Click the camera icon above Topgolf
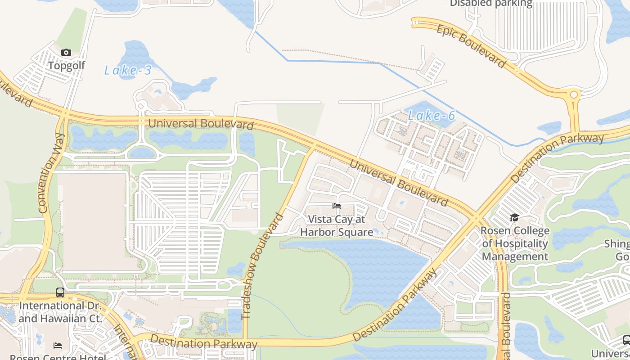[x=66, y=53]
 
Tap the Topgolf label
[x=67, y=66]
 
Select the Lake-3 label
[x=128, y=70]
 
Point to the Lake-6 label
[x=432, y=116]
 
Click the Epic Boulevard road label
[x=471, y=46]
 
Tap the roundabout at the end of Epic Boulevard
[x=574, y=95]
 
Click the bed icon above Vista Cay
[x=337, y=207]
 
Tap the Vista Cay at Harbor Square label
[x=337, y=225]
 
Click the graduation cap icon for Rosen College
[x=514, y=218]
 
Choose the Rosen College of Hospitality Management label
[x=515, y=243]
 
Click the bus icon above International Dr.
[x=60, y=292]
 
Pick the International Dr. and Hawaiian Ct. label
[x=60, y=312]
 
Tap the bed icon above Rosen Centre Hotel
[x=58, y=346]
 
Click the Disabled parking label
[x=491, y=4]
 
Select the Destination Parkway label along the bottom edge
[x=203, y=342]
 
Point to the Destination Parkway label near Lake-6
[x=558, y=157]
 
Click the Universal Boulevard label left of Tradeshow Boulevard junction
[x=201, y=123]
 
